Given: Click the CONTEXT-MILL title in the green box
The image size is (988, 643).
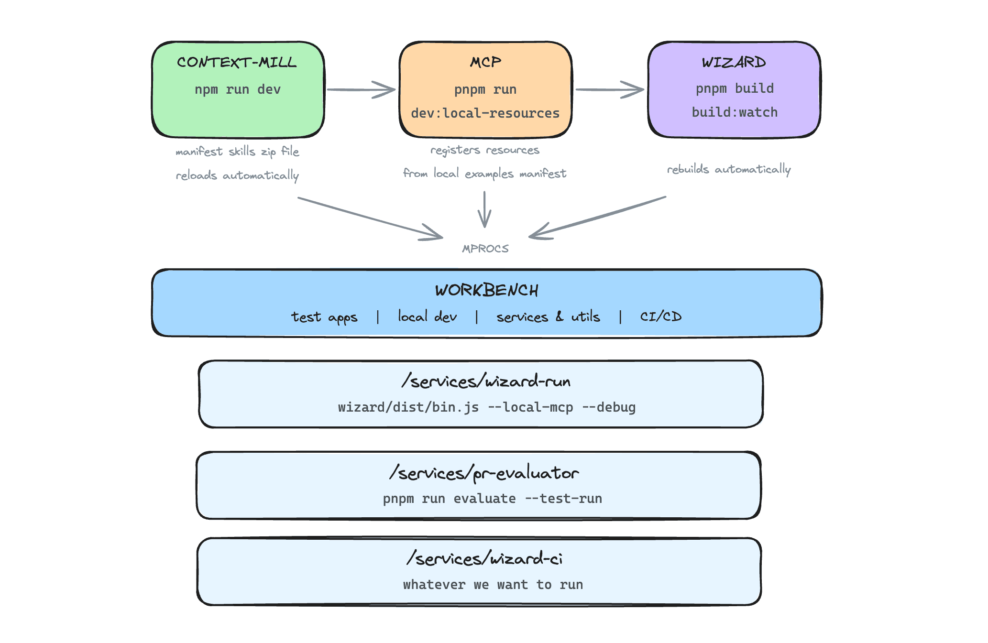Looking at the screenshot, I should pos(237,63).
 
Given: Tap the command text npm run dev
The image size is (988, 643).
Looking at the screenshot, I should pos(238,89).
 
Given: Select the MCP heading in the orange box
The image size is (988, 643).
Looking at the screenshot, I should pos(485,62).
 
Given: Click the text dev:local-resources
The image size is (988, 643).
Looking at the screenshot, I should pos(485,113).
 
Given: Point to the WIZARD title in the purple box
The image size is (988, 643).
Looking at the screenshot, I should pos(734,62).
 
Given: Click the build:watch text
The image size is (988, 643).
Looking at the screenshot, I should pos(735,112).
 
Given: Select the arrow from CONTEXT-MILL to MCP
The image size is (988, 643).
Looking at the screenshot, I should pos(362,89).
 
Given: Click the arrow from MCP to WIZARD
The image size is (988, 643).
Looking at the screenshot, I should pos(610,89).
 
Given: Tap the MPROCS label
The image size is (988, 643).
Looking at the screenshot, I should pos(485,249).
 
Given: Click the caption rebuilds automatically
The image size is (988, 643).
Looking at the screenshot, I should pos(729,169).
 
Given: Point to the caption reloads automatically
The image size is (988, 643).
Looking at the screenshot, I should pos(237,175).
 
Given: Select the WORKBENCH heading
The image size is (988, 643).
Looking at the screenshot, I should pos(487,290).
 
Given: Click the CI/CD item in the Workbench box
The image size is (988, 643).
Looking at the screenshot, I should pos(661,316).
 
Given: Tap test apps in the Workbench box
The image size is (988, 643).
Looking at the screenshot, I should pos(324,317).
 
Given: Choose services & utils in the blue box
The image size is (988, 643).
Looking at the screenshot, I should pos(548,317).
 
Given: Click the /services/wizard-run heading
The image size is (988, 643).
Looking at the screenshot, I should pos(486,381).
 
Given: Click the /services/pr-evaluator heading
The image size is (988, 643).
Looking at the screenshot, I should pos(484,473).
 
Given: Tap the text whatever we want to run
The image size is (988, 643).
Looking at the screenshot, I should pos(493,585).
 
